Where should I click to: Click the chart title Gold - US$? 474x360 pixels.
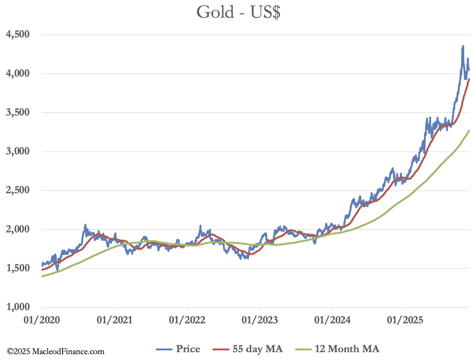[x=238, y=12]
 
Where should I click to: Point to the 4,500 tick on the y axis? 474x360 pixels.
[x=18, y=34]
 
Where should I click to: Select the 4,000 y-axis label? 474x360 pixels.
[x=18, y=73]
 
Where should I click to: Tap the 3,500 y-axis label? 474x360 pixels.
[x=18, y=112]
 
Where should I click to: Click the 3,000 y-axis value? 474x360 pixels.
[x=18, y=151]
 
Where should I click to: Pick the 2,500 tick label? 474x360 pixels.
[x=18, y=190]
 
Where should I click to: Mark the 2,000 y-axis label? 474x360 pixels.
[x=18, y=229]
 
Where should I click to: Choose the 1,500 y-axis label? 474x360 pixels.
[x=18, y=268]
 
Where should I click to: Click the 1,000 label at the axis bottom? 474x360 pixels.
[x=18, y=307]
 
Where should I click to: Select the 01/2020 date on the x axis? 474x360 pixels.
[x=42, y=320]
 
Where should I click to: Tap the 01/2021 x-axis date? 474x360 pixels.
[x=115, y=320]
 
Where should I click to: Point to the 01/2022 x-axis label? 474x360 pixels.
[x=187, y=320]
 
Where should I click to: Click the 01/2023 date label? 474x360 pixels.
[x=260, y=320]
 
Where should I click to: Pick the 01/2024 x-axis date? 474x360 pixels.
[x=332, y=320]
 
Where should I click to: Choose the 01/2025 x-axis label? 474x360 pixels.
[x=405, y=320]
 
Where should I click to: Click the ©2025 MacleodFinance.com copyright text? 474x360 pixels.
[x=56, y=352]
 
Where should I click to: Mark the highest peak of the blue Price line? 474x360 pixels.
[x=463, y=46]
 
